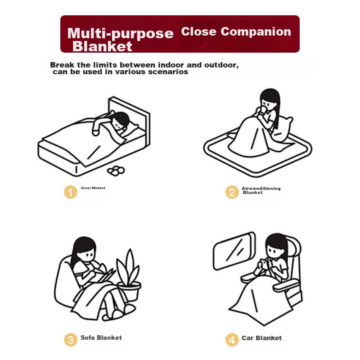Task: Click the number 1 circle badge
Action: click(71, 192)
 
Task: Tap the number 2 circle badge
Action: click(232, 192)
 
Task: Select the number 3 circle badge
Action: click(71, 340)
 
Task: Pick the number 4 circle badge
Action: click(232, 340)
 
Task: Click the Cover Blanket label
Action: click(93, 188)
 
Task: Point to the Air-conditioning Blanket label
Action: click(261, 190)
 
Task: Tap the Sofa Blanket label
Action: click(101, 337)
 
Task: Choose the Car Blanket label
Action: click(262, 338)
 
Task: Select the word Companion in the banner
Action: click(256, 32)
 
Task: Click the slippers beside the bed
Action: click(116, 171)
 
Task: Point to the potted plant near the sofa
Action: click(129, 275)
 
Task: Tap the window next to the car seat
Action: click(234, 251)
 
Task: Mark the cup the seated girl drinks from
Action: click(262, 110)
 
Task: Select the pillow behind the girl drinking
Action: click(283, 129)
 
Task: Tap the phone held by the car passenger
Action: click(265, 264)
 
